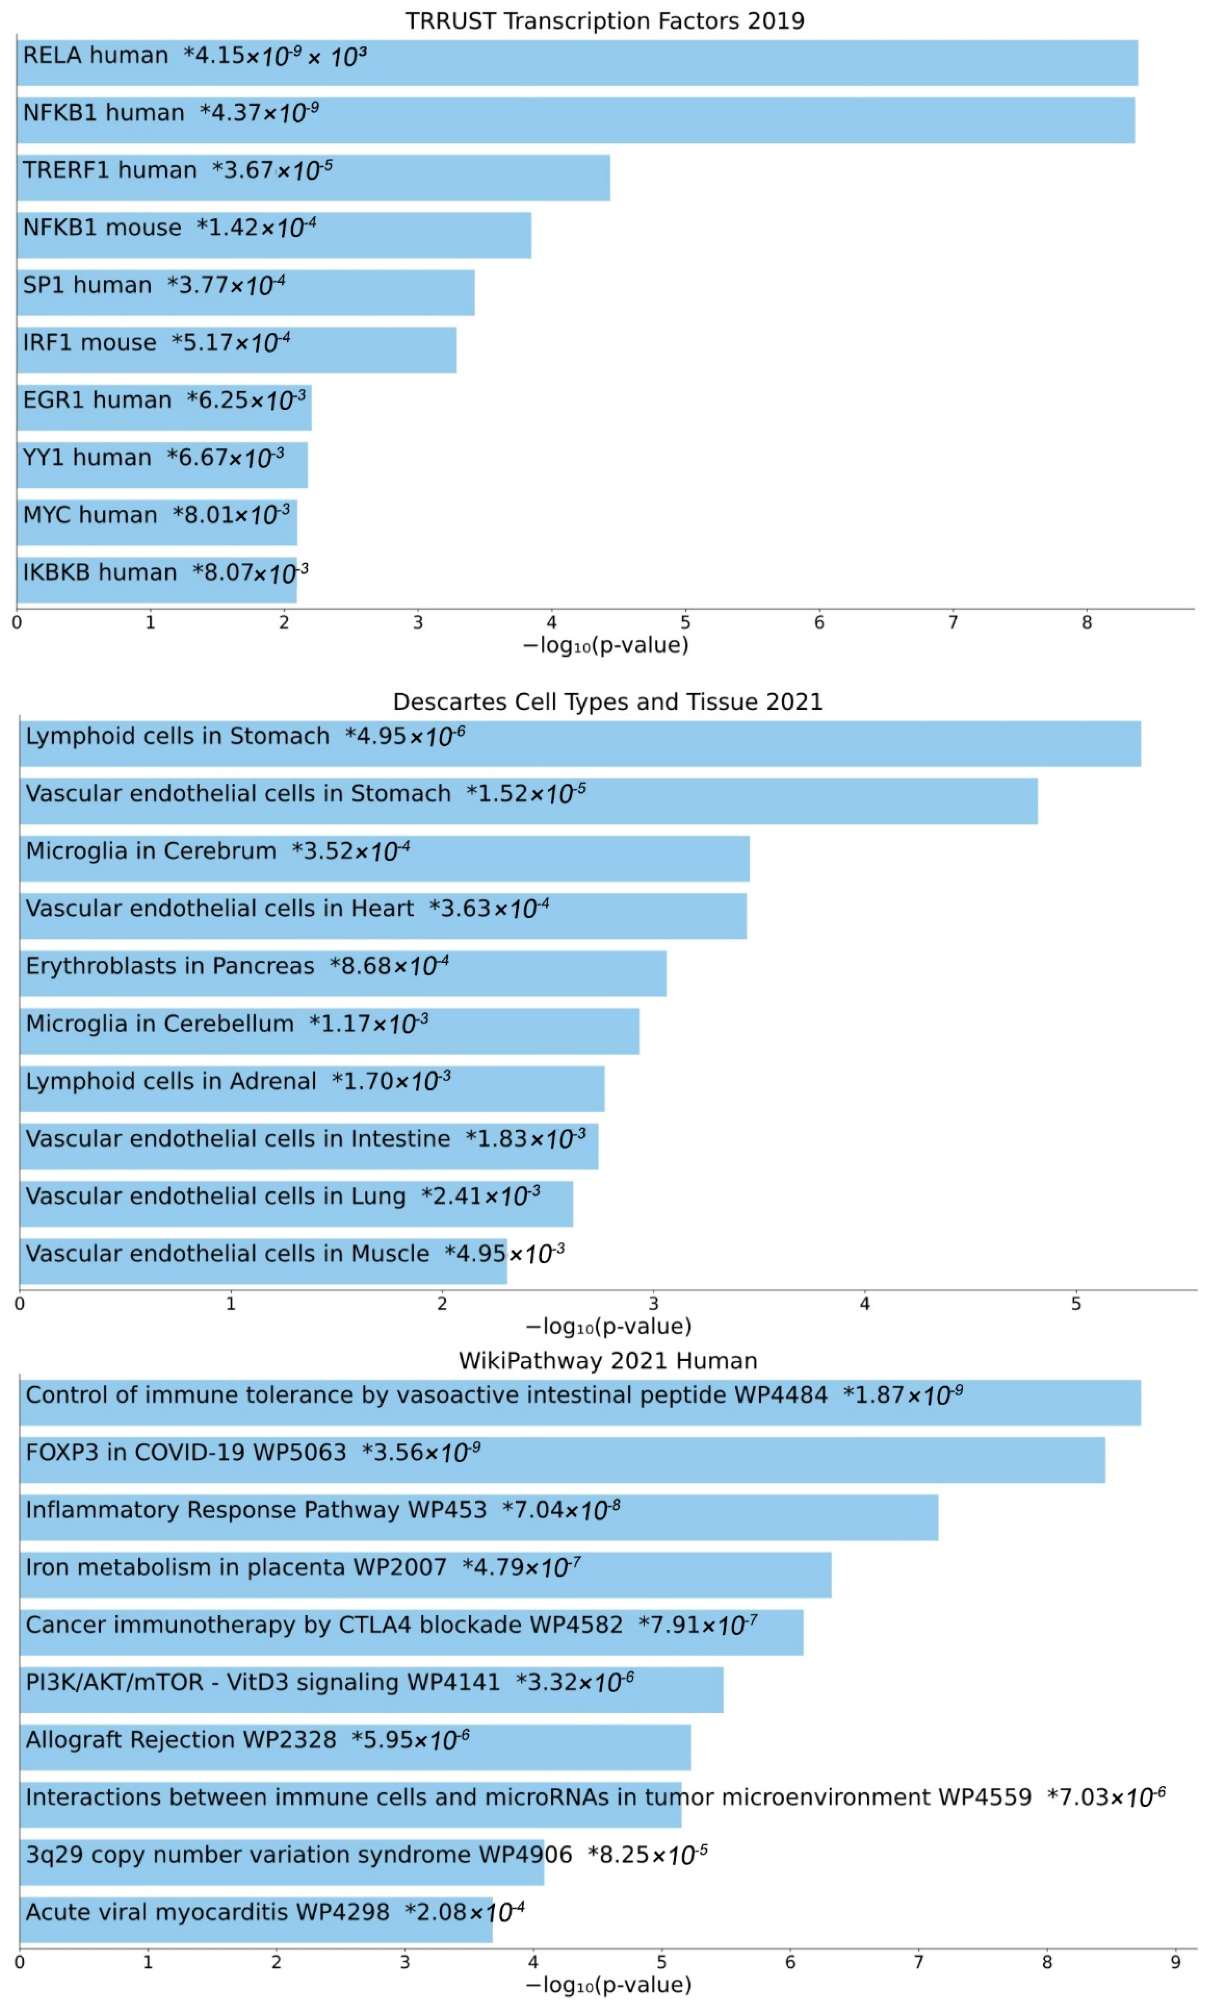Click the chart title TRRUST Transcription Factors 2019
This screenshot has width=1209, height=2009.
coord(605,20)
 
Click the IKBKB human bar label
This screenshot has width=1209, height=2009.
coord(99,572)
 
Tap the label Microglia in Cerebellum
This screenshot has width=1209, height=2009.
coord(160,1024)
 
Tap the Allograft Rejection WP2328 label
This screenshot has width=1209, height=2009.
coord(181,1740)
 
